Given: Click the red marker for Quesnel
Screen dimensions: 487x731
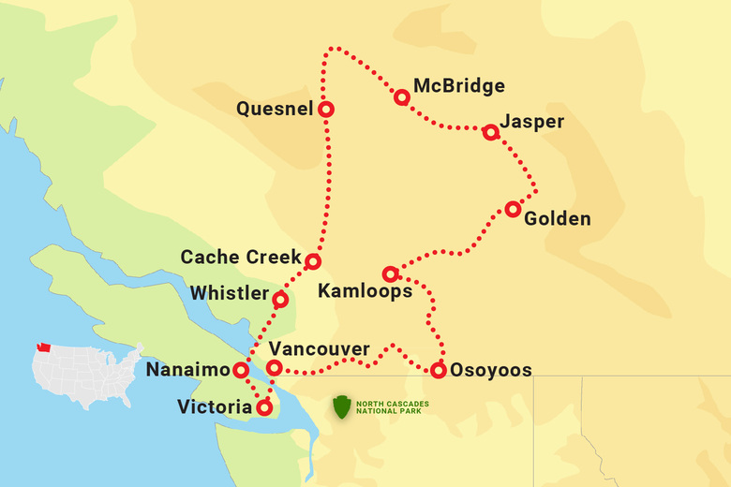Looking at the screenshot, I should tap(326, 109).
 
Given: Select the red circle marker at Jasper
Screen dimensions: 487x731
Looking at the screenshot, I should tap(490, 132).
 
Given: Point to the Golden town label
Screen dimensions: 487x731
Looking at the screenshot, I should tap(558, 219).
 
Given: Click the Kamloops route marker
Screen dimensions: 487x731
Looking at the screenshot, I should tap(391, 274).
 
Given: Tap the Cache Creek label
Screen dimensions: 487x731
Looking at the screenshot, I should tap(240, 257).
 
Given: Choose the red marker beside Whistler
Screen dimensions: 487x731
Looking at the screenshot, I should tap(279, 300).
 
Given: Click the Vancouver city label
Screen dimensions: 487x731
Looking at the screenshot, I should tap(319, 348).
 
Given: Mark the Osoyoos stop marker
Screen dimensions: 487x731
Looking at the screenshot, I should tap(439, 370).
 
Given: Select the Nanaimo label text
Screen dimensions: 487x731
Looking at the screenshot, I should tap(187, 371).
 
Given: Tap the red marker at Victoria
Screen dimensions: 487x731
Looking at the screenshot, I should tap(264, 407).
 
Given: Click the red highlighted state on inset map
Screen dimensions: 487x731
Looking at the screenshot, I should tap(42, 348).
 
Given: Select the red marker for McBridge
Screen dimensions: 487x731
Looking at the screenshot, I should tap(402, 96).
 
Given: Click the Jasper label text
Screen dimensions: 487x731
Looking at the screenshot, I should tap(531, 123).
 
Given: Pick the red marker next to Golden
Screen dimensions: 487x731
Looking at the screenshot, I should tap(513, 209).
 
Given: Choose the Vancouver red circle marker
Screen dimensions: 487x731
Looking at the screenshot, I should tap(274, 368).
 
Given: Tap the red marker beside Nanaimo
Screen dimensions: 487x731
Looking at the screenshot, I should tap(241, 370).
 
